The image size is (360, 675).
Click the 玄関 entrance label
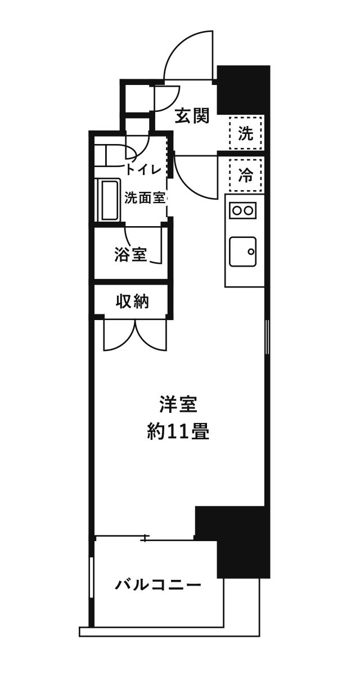[192, 115]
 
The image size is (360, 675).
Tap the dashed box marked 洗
[245, 133]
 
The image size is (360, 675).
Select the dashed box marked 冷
[245, 175]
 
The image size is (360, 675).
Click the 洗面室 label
[145, 198]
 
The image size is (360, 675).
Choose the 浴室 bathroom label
[130, 254]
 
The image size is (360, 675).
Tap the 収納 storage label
[132, 301]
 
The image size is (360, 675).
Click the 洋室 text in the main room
[178, 404]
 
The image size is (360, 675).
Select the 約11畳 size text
[178, 431]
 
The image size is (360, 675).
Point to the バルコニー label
[158, 585]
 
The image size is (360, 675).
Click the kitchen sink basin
[243, 251]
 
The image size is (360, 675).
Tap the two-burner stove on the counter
[242, 210]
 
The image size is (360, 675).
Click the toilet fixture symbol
[115, 155]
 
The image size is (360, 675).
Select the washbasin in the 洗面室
[108, 200]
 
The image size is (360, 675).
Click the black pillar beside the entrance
[244, 90]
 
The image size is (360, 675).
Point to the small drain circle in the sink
[251, 251]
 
